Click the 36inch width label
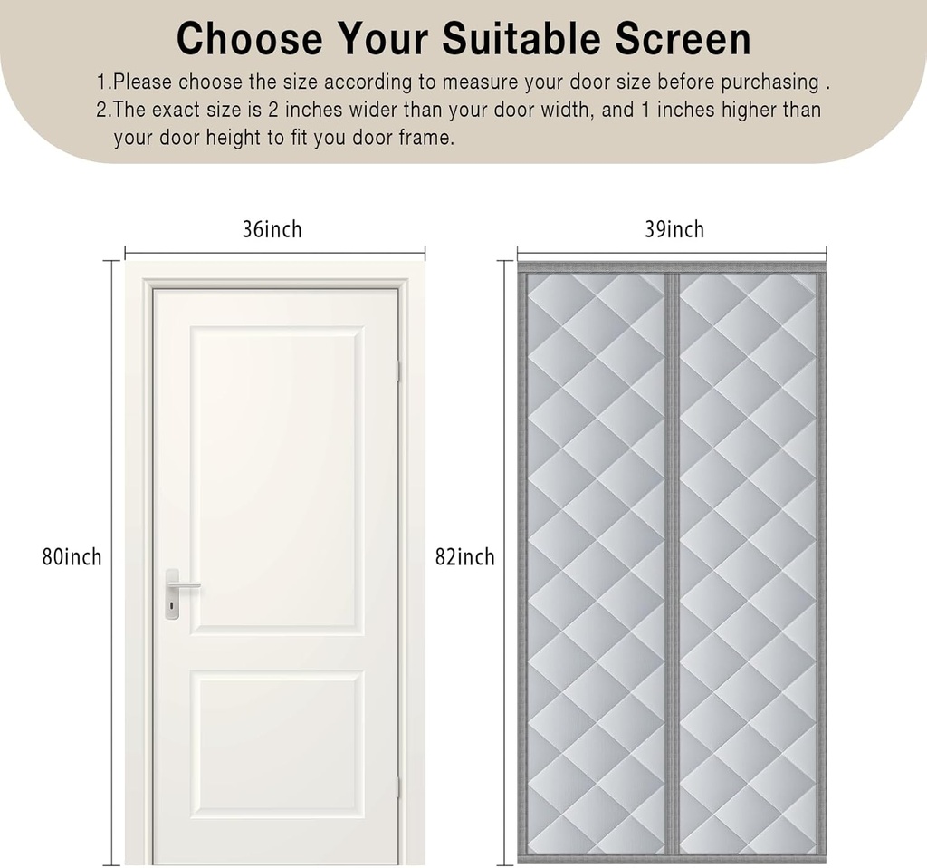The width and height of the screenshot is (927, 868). tap(272, 230)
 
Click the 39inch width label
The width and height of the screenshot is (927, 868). tap(674, 230)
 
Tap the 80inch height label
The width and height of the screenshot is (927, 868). tap(72, 556)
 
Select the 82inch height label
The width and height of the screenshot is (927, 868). tap(464, 556)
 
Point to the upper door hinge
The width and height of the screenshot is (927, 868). tap(398, 370)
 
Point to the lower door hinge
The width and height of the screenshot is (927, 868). tap(398, 786)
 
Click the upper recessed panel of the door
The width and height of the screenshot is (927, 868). tap(275, 480)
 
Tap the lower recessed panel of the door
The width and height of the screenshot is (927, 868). tap(275, 743)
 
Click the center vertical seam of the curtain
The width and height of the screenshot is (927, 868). tap(671, 562)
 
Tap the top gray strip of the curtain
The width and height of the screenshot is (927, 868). tap(671, 267)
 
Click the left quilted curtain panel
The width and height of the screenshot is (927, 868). tap(596, 562)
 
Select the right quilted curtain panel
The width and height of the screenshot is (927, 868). tap(747, 562)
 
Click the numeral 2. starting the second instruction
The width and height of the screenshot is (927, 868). tap(104, 111)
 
